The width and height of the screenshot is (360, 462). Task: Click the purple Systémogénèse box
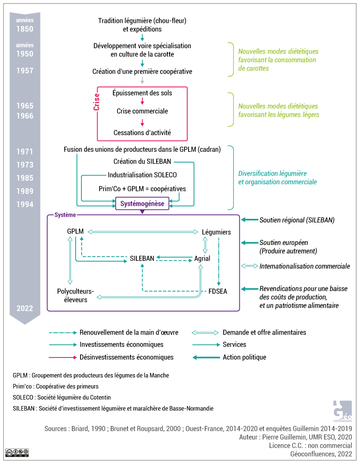[143, 204]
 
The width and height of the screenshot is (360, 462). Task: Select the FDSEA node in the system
[218, 291]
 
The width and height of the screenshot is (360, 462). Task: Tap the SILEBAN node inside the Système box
[142, 258]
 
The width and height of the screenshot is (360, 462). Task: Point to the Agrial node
[202, 258]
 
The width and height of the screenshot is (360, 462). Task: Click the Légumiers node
[216, 232]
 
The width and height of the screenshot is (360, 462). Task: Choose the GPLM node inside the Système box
[75, 231]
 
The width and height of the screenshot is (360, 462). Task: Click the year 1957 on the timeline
[25, 71]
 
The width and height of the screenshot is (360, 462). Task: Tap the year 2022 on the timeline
[25, 308]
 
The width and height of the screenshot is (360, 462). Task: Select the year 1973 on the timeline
[25, 165]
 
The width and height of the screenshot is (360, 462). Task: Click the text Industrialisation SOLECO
[142, 175]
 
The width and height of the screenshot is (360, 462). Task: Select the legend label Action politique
[244, 357]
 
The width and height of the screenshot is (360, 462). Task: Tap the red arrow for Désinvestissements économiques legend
[63, 357]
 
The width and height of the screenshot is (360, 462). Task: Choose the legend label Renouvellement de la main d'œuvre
[129, 332]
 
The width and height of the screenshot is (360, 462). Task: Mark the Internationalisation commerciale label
[305, 266]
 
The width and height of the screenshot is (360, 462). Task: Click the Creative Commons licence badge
[17, 452]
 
